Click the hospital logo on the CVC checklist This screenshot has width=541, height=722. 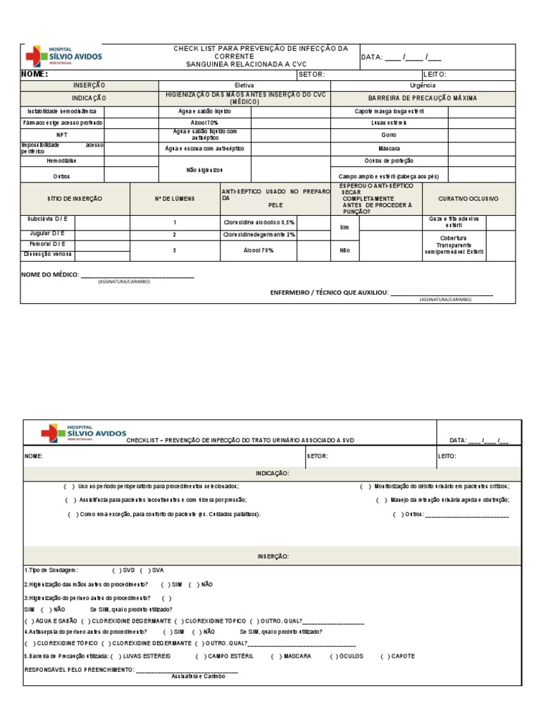click(x=63, y=56)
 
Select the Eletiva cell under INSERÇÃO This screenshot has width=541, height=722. click(x=244, y=85)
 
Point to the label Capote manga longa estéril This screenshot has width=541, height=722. click(x=389, y=111)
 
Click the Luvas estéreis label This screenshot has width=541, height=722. click(x=389, y=123)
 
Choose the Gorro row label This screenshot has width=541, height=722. click(x=389, y=135)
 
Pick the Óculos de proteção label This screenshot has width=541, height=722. click(x=389, y=161)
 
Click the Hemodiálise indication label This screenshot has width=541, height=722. click(x=62, y=161)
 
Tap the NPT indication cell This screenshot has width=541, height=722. click(x=62, y=135)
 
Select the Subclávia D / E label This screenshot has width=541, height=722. click(x=47, y=219)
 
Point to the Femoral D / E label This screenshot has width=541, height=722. click(x=47, y=244)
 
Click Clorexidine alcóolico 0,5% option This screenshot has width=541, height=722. click(x=259, y=222)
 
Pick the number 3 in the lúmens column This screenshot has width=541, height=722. click(x=174, y=250)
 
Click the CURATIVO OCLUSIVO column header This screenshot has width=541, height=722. click(x=468, y=199)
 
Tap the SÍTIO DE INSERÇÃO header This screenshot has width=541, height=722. click(x=75, y=199)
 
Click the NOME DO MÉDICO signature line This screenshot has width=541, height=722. click(x=137, y=275)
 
